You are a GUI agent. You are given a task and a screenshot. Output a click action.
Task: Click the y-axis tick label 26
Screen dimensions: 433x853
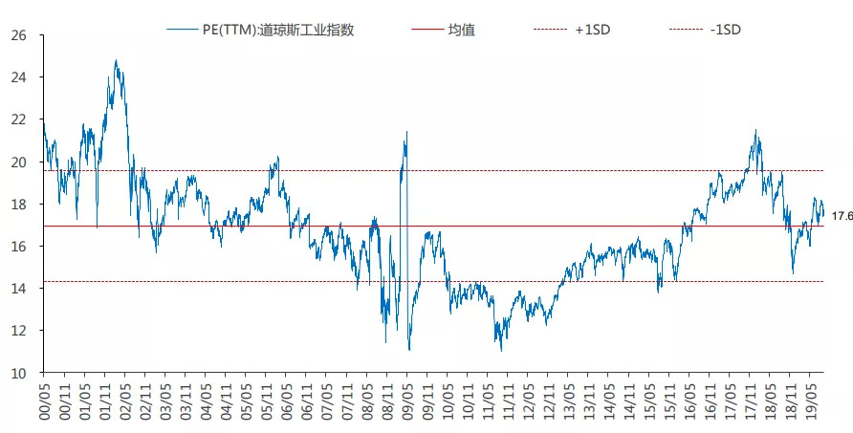[20, 35]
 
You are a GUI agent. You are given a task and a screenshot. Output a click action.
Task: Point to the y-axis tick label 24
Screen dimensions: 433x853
[20, 77]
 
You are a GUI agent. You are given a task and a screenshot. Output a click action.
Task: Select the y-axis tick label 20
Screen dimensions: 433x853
[20, 162]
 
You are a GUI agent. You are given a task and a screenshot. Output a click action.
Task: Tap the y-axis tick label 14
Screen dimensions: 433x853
[20, 289]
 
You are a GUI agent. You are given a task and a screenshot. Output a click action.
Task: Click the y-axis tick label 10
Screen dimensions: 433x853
[20, 374]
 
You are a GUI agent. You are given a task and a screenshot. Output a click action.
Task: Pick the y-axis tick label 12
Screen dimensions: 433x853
[20, 331]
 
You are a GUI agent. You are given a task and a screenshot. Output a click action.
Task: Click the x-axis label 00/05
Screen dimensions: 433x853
[44, 400]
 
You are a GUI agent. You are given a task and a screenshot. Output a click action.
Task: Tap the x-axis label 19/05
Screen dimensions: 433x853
[813, 400]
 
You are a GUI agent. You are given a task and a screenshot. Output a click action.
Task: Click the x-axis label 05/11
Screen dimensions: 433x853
[267, 400]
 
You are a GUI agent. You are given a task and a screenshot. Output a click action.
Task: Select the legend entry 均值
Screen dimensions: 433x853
[461, 29]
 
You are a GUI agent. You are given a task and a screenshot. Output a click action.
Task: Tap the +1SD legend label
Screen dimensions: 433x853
[593, 29]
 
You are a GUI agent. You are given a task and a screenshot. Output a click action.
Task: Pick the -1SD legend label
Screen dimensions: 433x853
[726, 29]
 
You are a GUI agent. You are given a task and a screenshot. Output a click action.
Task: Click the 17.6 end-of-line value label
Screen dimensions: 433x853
[842, 216]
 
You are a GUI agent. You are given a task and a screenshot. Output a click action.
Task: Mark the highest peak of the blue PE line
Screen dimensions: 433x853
[116, 60]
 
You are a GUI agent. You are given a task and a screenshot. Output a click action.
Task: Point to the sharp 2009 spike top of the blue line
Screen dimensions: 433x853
[406, 132]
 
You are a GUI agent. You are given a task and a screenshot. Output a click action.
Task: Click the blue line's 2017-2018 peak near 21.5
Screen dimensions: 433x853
[755, 130]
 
